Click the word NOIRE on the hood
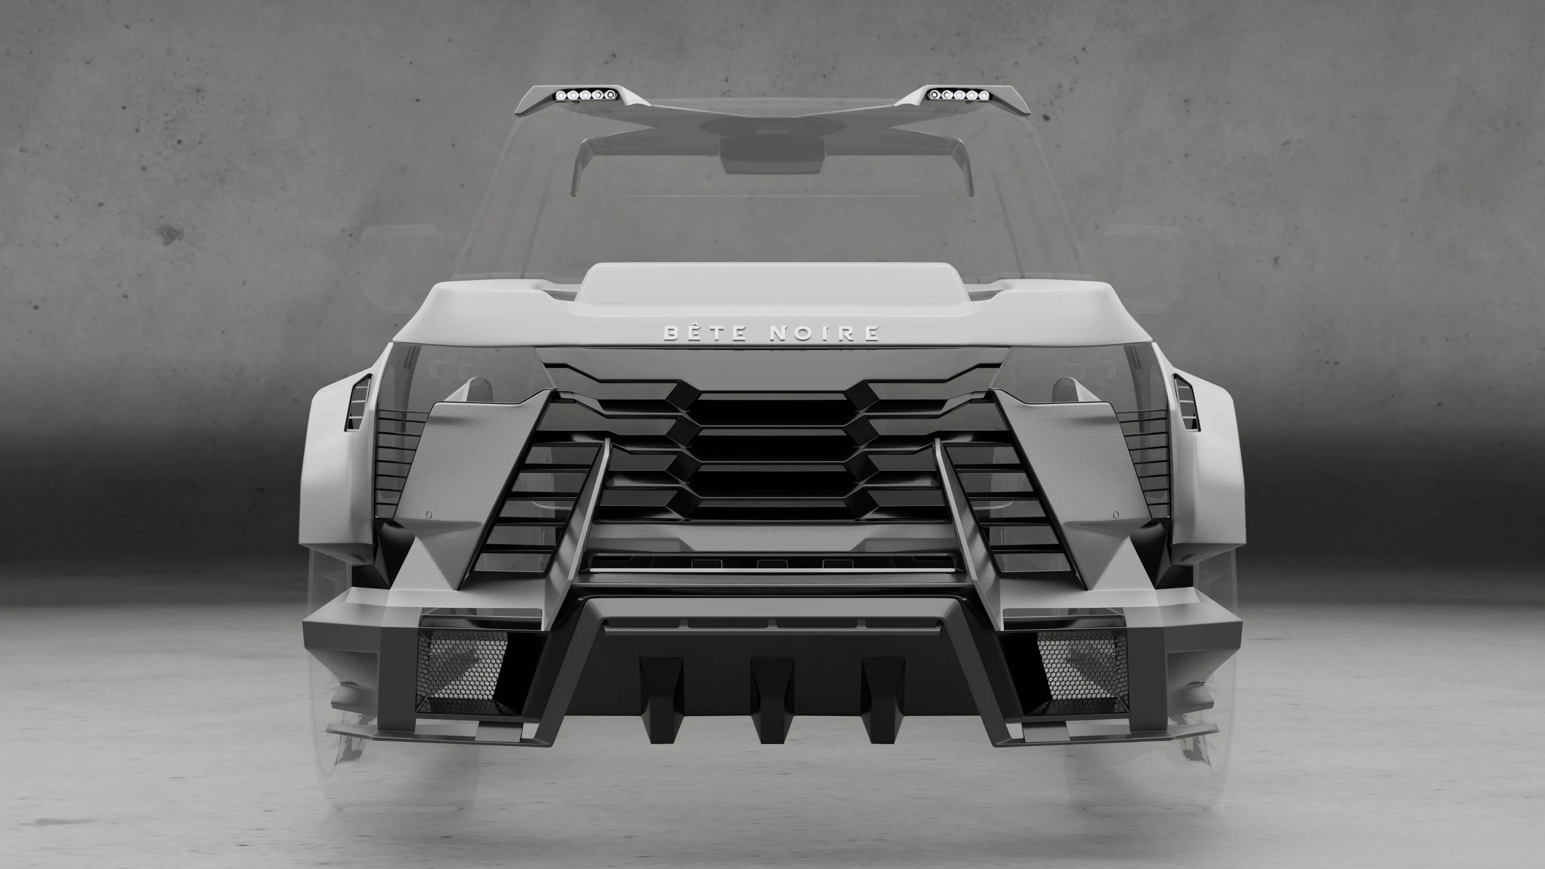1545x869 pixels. (x=824, y=333)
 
